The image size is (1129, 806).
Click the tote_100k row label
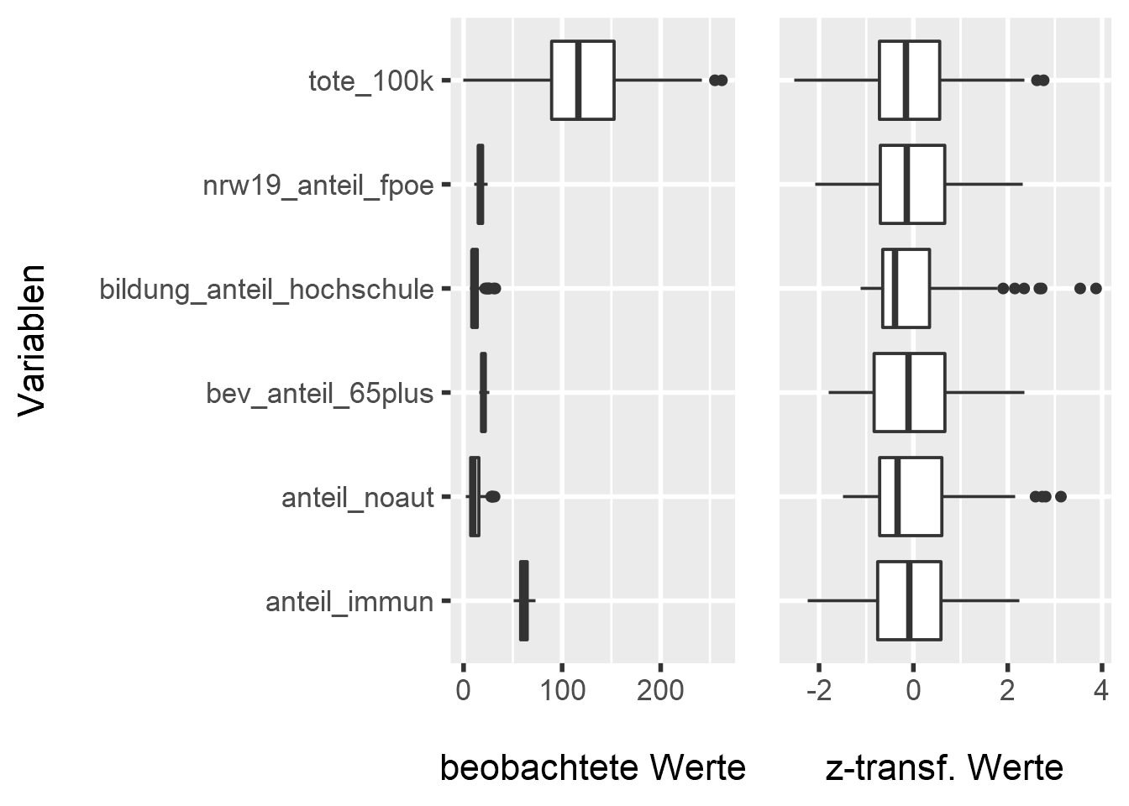point(370,81)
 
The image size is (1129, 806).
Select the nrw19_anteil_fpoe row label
point(318,185)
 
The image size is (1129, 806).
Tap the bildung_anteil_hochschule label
point(266,290)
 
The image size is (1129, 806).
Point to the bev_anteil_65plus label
point(319,393)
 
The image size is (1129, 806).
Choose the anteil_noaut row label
point(357,498)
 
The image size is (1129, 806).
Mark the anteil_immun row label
point(349,602)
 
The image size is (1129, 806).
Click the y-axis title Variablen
point(32,340)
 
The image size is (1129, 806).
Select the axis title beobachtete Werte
point(592,767)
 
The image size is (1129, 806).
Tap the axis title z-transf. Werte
point(944,767)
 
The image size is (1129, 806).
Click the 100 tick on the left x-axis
point(562,693)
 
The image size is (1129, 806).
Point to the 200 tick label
point(660,693)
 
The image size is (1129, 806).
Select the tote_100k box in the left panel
point(582,81)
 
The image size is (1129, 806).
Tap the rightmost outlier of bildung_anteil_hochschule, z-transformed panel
point(1095,289)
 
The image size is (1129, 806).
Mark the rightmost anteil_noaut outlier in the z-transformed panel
point(1060,497)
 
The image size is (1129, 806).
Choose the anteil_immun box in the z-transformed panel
point(909,601)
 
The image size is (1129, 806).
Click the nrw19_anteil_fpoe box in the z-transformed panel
point(912,185)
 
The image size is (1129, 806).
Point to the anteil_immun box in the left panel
point(524,601)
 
